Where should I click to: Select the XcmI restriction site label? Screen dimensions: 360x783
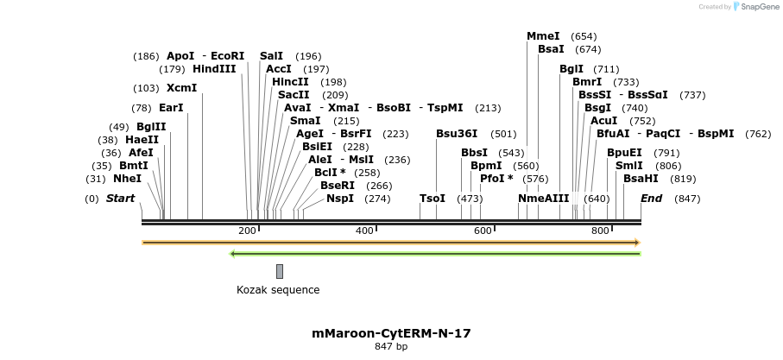(x=181, y=88)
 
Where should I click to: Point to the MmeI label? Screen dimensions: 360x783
(x=543, y=36)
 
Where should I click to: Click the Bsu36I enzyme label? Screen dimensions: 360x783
(x=457, y=134)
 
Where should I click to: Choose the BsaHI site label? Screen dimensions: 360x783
(x=641, y=179)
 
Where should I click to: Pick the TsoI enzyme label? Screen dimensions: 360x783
(x=433, y=199)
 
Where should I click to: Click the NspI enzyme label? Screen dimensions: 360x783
(x=340, y=199)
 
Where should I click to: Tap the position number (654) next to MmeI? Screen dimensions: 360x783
(x=584, y=36)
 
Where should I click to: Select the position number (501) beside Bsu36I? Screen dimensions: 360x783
(x=503, y=134)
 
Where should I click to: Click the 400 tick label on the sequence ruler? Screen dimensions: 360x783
(x=364, y=231)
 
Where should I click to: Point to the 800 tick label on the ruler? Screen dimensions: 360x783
(x=600, y=231)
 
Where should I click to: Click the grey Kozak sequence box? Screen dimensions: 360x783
(x=280, y=271)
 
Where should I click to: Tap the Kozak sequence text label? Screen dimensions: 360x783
(x=278, y=290)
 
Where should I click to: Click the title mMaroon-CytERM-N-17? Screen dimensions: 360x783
(x=391, y=332)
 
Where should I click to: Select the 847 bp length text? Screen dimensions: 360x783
(x=391, y=347)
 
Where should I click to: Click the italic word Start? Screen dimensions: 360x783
(x=120, y=199)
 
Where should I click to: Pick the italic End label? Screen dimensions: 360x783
(x=652, y=199)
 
